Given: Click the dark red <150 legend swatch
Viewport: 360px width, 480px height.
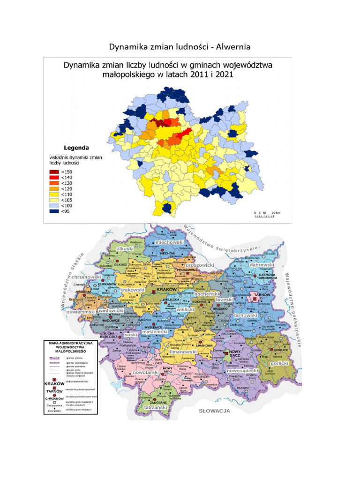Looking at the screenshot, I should pos(53,172).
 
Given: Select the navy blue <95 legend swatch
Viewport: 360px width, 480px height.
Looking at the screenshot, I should pos(53,211).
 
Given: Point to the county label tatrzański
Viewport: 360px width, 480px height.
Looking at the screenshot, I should pos(155,408).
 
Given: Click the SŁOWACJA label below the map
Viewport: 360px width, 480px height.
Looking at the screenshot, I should pos(214,411).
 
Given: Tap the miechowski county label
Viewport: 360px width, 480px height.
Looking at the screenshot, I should pos(171,241).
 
